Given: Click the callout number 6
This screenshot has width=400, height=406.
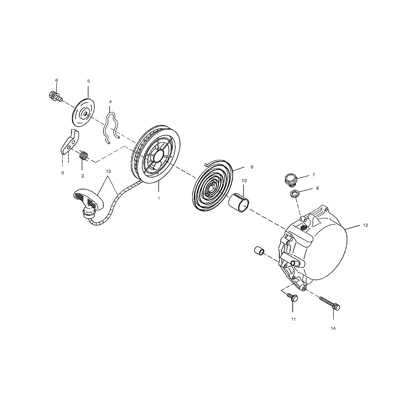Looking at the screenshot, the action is (x=56, y=80).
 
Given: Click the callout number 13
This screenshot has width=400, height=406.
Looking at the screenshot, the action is (x=108, y=171).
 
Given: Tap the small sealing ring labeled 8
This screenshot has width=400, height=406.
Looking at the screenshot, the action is (x=294, y=194).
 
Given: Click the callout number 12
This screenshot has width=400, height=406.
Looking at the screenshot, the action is (x=365, y=225).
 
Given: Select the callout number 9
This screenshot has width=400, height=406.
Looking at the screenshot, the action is (x=252, y=167).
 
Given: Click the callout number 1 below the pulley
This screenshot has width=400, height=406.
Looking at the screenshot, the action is (x=159, y=198).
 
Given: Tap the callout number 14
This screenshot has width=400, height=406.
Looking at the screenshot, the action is (x=333, y=328).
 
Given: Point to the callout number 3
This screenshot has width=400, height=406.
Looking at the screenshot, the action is (x=62, y=173).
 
